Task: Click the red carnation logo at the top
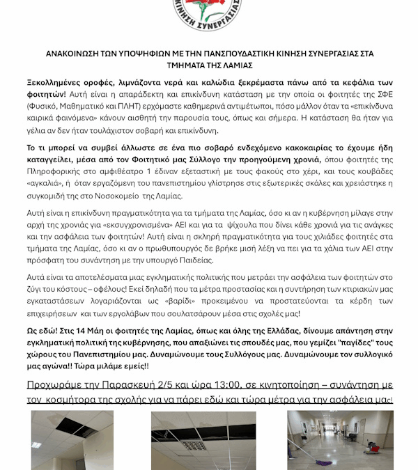pos(209,13)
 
